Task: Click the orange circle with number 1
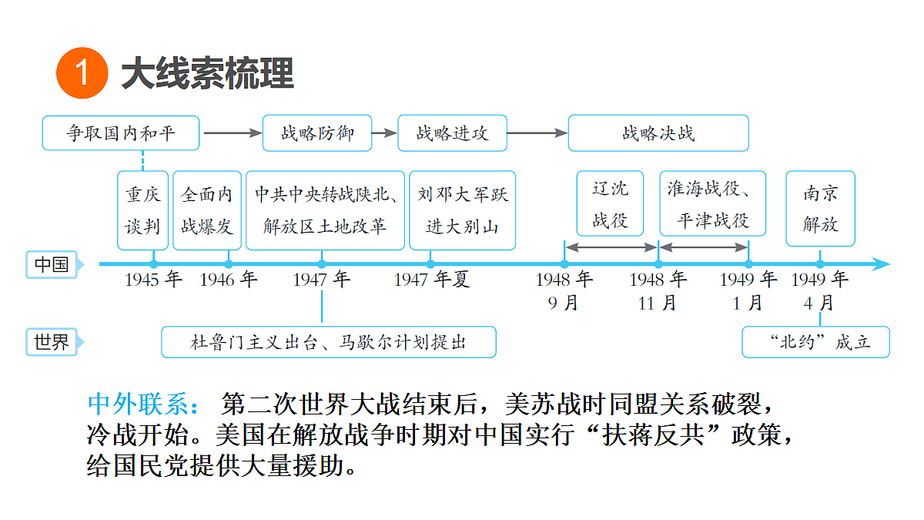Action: pyautogui.click(x=82, y=73)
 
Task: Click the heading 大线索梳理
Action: pyautogui.click(x=207, y=73)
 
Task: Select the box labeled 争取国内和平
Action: pyautogui.click(x=121, y=133)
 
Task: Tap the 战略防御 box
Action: pyautogui.click(x=317, y=133)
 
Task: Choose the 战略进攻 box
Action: pyautogui.click(x=453, y=133)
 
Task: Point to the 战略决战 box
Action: pyautogui.click(x=658, y=133)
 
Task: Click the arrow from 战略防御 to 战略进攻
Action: pyautogui.click(x=384, y=133)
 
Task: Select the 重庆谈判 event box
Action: pyautogui.click(x=142, y=210)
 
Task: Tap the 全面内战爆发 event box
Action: pyautogui.click(x=207, y=210)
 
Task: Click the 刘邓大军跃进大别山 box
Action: pyautogui.click(x=463, y=210)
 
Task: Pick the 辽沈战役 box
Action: pyautogui.click(x=610, y=203)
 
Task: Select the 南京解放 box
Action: pyautogui.click(x=821, y=209)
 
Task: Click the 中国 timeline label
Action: pyautogui.click(x=52, y=264)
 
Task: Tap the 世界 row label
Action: pyautogui.click(x=52, y=342)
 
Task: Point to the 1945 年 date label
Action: pyautogui.click(x=153, y=280)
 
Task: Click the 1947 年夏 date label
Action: pyautogui.click(x=431, y=280)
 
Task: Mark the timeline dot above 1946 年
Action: pyautogui.click(x=229, y=264)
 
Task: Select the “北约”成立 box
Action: pyautogui.click(x=816, y=342)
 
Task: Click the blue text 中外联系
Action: pyautogui.click(x=143, y=404)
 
